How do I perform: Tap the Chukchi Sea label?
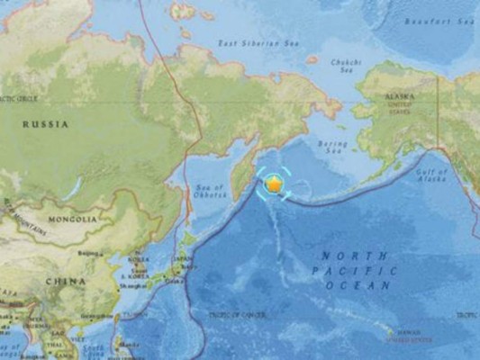pos(345,65)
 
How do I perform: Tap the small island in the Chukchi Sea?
pos(312,59)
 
